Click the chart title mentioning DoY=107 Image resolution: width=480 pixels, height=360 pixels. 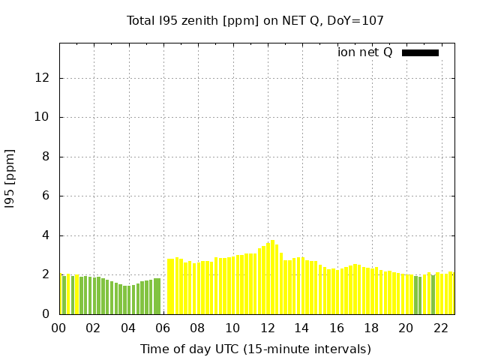[255, 21]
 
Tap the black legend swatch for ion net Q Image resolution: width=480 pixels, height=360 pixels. [420, 52]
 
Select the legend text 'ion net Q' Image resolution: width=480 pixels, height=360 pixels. [365, 52]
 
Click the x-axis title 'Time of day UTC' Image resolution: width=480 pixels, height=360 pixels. [255, 349]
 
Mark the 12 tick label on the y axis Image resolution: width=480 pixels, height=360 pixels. [45, 78]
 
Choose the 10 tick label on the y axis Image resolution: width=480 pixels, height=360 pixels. [45, 118]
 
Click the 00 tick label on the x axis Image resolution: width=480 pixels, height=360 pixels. [59, 328]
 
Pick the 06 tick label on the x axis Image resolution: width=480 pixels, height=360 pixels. [163, 328]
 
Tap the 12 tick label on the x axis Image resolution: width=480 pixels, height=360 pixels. [267, 328]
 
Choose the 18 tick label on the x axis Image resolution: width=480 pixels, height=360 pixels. [370, 328]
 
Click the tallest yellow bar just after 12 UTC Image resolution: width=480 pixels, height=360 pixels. [272, 277]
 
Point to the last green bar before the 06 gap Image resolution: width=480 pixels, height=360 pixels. [158, 296]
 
